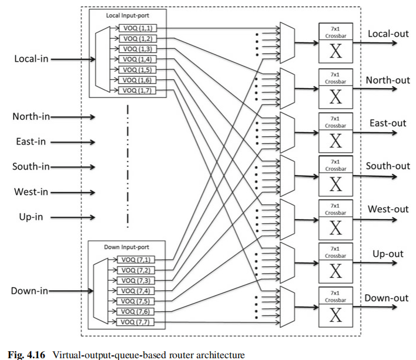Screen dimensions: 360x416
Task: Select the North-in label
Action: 32,116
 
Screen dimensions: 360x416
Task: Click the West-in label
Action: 32,191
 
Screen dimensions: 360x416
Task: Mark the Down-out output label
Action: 386,298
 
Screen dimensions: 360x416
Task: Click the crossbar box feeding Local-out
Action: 336,43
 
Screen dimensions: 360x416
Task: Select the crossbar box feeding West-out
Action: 336,219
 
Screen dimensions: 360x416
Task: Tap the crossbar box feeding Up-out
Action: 336,263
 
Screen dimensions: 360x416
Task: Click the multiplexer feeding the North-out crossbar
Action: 288,88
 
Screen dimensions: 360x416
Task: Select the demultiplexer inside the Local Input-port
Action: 100,60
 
